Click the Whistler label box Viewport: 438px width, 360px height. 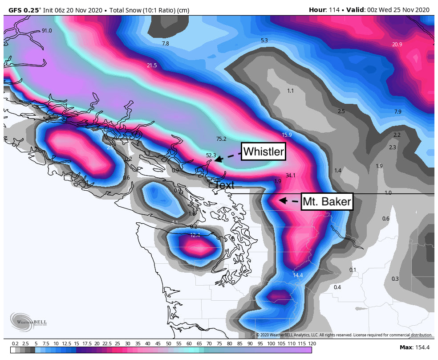tap(263, 152)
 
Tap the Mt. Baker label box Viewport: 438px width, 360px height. tap(327, 202)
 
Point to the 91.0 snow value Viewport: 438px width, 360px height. tap(47, 31)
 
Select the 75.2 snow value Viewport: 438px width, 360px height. tap(221, 139)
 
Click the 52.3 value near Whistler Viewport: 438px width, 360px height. tap(211, 155)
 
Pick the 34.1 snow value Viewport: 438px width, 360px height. tap(291, 176)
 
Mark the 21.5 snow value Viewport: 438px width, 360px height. tap(152, 65)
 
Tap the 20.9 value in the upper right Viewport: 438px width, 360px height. tap(397, 44)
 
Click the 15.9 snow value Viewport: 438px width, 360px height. tap(287, 135)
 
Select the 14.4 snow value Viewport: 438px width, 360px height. tap(298, 275)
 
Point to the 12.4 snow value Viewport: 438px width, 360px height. tap(195, 235)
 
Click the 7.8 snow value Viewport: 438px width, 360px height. tap(165, 44)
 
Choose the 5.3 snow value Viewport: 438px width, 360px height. tap(264, 41)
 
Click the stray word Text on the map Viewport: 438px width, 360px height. tap(224, 185)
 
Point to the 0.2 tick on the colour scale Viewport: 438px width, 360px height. tap(15, 344)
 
